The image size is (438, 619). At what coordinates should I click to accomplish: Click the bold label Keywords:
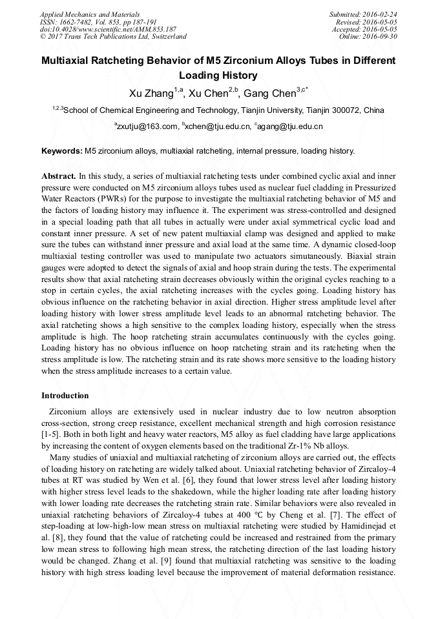tap(62, 151)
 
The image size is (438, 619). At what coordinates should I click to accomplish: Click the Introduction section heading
tap(65, 395)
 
